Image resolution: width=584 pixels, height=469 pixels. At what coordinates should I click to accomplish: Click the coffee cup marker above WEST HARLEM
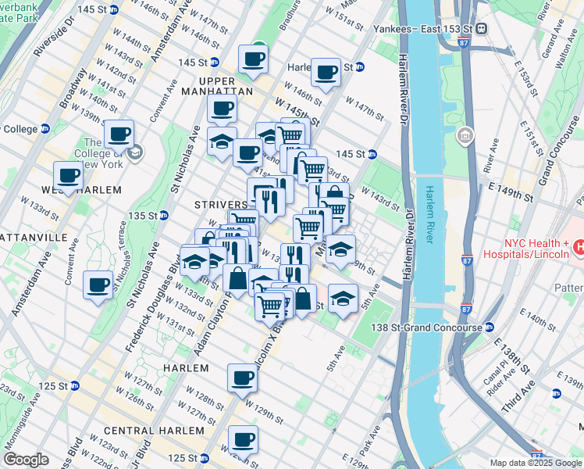68,175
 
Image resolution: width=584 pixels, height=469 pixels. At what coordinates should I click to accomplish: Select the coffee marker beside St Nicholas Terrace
98,285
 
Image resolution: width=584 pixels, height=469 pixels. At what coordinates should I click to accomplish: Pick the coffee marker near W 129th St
242,378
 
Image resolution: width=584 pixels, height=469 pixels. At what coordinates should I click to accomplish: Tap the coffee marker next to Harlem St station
326,73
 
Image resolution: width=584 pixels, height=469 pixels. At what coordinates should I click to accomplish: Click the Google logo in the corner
25,460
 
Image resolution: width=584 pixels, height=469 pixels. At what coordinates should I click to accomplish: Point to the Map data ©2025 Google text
536,463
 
